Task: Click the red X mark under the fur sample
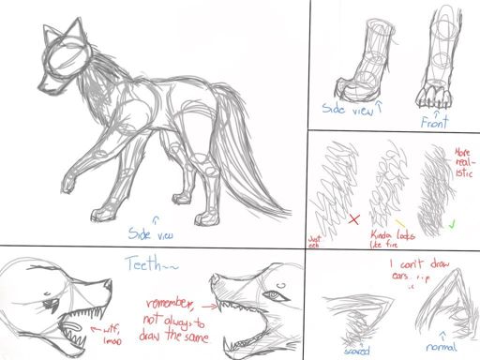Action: tap(354, 220)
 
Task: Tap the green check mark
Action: tap(452, 225)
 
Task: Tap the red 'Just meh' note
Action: tap(316, 241)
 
